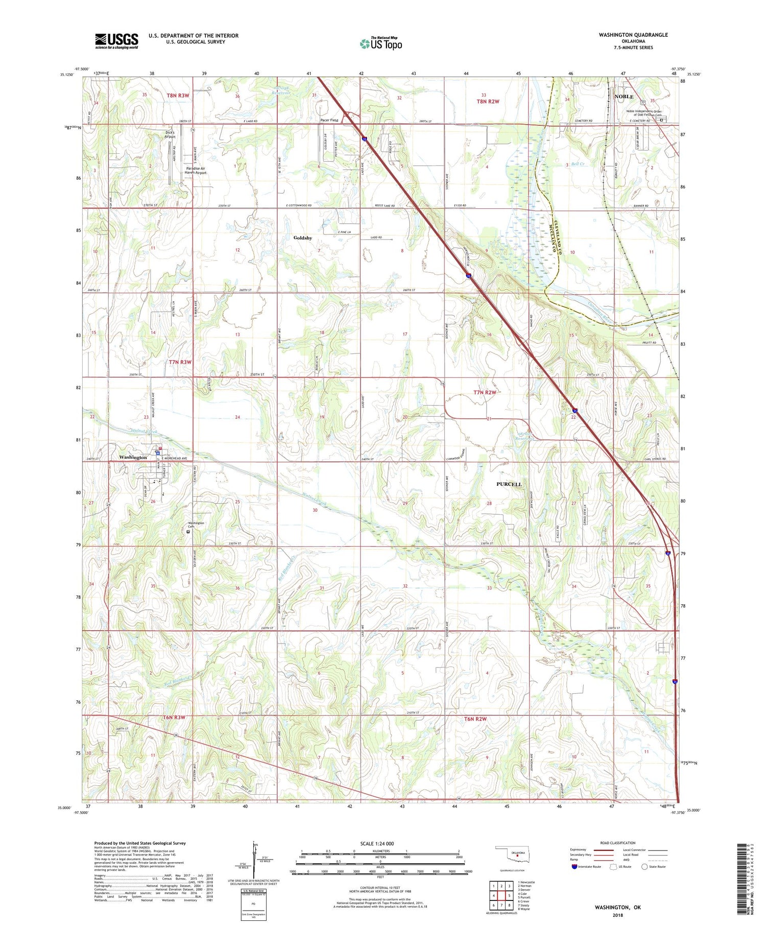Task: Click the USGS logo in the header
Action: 116,41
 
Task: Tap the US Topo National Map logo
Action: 380,43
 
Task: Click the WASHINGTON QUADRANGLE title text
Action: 633,35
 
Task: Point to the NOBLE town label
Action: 624,97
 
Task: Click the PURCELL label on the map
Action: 509,484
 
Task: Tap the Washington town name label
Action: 133,457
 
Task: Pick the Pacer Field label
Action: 329,120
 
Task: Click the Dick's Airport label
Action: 170,135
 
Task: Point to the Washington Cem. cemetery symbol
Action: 188,532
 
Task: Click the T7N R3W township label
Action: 180,362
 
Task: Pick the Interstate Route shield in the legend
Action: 574,867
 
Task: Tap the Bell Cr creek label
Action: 578,164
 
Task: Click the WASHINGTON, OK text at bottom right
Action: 617,907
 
